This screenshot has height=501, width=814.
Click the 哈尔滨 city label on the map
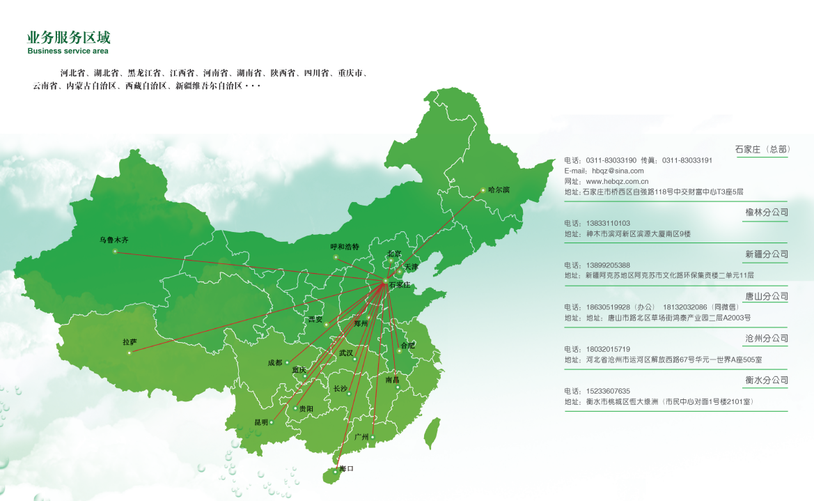click(x=499, y=190)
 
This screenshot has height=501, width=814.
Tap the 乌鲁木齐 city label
click(x=114, y=240)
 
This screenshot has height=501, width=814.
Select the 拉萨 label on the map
click(x=130, y=341)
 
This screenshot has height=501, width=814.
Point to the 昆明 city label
click(x=261, y=422)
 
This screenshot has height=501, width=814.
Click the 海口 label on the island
click(x=347, y=469)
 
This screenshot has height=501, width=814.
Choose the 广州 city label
click(x=361, y=436)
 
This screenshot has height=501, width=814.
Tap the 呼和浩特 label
click(x=345, y=247)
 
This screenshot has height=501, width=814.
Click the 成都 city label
click(x=274, y=362)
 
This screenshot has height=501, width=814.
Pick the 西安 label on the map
click(x=315, y=319)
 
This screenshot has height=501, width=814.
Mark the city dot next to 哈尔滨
click(x=483, y=190)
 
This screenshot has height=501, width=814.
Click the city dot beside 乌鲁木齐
click(x=116, y=252)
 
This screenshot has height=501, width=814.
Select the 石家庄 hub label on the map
click(x=400, y=285)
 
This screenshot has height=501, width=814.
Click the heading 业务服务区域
click(x=68, y=38)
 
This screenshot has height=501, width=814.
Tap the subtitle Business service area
click(x=68, y=51)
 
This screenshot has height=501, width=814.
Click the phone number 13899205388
click(x=606, y=265)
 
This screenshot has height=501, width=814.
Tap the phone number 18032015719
click(x=606, y=349)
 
